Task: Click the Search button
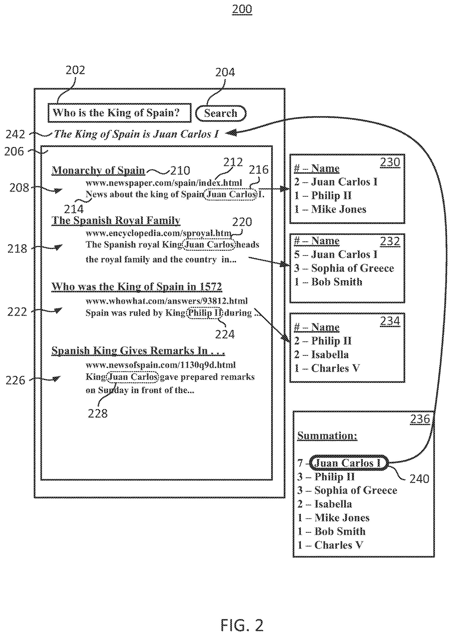click(x=221, y=113)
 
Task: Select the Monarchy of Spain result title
click(x=98, y=170)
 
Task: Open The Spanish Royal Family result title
click(x=116, y=220)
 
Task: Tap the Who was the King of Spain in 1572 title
click(x=137, y=287)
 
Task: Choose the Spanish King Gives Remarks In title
click(x=138, y=351)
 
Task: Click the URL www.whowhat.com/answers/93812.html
click(x=166, y=301)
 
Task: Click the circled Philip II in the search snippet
click(x=205, y=313)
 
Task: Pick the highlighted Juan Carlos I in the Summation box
click(x=349, y=463)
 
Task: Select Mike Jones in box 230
click(x=338, y=209)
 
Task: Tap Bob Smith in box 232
click(x=337, y=282)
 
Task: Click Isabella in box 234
click(x=330, y=355)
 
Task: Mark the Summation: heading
click(x=327, y=436)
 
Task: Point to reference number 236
click(x=420, y=419)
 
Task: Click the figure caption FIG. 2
click(x=242, y=618)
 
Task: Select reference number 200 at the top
click(x=242, y=9)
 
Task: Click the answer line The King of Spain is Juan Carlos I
click(x=136, y=134)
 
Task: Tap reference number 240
click(x=419, y=479)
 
